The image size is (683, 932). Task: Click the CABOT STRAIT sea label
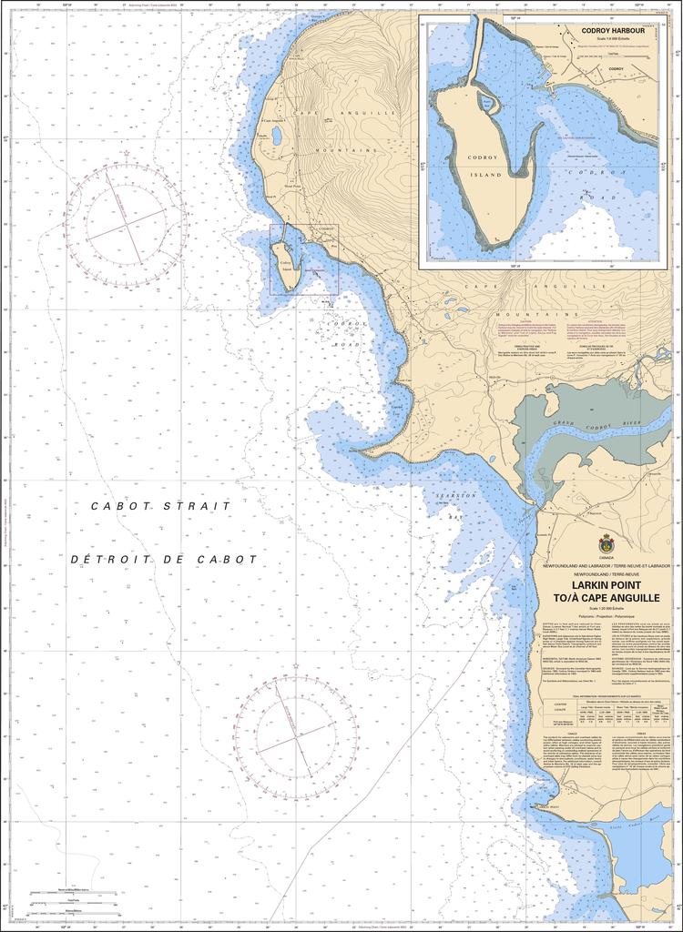coord(161,505)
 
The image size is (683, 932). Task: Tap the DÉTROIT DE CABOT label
coord(164,560)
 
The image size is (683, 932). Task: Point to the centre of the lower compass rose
coord(296,731)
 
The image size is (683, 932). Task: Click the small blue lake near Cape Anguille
coord(275,137)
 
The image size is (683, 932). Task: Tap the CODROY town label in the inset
coord(616,68)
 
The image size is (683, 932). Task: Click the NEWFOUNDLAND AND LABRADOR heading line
coord(606,565)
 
